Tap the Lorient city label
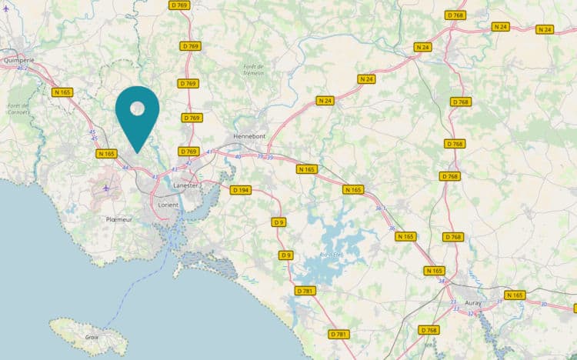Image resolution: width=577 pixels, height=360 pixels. point(168,205)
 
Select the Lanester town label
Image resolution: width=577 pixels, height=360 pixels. point(187,185)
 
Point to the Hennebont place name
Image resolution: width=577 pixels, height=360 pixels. point(249,135)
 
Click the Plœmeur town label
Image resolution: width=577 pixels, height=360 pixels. point(119,219)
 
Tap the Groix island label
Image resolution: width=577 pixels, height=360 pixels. point(92,336)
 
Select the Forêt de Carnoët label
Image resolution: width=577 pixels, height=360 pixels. point(18,108)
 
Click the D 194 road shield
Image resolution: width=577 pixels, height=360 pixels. point(241,190)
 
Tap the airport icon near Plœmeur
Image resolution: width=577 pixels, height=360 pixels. point(105,188)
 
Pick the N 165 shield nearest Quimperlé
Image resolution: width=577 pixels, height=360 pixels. point(62,92)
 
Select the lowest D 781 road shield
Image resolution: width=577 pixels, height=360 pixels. point(339,334)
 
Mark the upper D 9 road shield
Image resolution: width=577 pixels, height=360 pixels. point(278,222)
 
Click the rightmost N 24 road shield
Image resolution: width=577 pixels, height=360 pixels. point(545,29)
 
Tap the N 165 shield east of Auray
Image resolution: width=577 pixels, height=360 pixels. point(515,295)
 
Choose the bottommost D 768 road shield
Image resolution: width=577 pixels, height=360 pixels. point(429,330)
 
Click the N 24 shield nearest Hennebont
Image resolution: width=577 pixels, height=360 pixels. point(326,100)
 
